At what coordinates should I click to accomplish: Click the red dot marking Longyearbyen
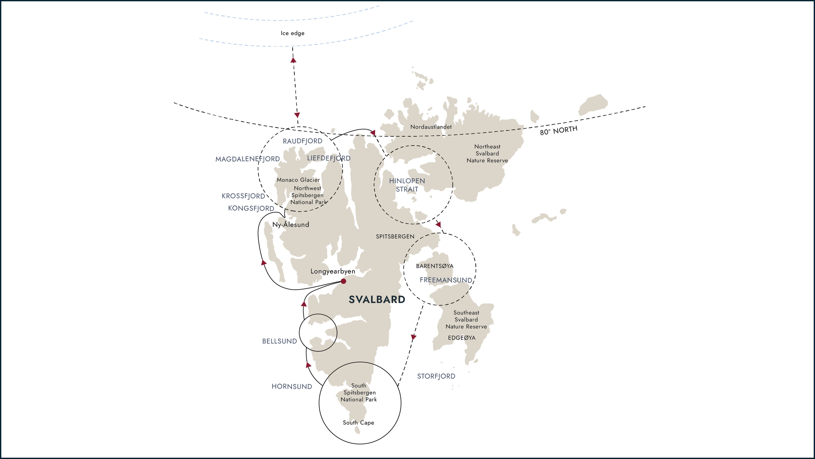pos(343,281)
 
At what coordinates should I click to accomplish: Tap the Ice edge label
pos(292,33)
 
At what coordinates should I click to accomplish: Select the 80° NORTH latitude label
pos(558,130)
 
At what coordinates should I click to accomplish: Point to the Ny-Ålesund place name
pos(291,225)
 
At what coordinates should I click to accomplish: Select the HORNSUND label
pos(292,387)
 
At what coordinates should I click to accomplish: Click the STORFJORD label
pos(436,376)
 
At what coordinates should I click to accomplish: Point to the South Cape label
pos(358,423)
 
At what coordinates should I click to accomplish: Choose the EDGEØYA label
pos(462,338)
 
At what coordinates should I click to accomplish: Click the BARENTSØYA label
pos(434,266)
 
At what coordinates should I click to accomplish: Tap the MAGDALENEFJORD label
pos(247,159)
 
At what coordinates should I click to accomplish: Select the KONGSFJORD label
pos(251,208)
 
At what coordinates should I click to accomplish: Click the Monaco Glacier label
pos(298,180)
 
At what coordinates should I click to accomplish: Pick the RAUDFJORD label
pos(303,141)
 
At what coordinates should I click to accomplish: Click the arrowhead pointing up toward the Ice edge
pos(293,60)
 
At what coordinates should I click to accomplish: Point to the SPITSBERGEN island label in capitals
pos(395,237)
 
